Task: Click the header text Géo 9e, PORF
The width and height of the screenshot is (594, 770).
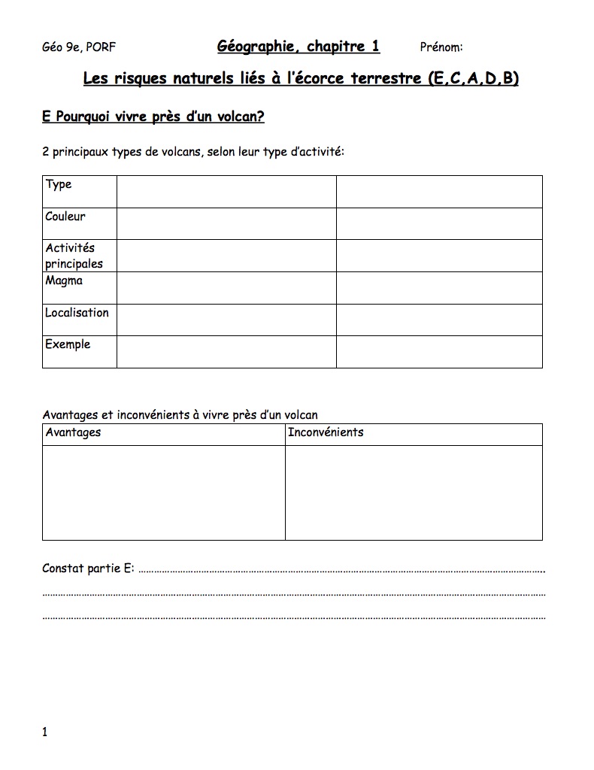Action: pyautogui.click(x=79, y=47)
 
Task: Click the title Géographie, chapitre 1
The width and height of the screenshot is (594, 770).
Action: pyautogui.click(x=299, y=47)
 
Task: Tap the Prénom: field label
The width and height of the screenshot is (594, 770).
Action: pyautogui.click(x=441, y=47)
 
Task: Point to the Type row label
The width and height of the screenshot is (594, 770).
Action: pyautogui.click(x=59, y=184)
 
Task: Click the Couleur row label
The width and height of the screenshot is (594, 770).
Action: pyautogui.click(x=65, y=217)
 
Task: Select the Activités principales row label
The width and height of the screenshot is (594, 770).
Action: pyautogui.click(x=74, y=256)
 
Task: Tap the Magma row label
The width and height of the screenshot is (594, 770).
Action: pyautogui.click(x=64, y=280)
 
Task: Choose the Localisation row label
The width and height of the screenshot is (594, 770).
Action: pyautogui.click(x=77, y=313)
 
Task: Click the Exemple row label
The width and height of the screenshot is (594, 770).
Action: pyautogui.click(x=68, y=344)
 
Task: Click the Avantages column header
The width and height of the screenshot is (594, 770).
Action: pyautogui.click(x=73, y=432)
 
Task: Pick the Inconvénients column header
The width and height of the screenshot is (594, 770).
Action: pyautogui.click(x=326, y=432)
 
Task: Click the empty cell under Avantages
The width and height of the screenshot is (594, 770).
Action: pyautogui.click(x=164, y=493)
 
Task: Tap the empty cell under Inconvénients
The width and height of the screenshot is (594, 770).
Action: pyautogui.click(x=414, y=493)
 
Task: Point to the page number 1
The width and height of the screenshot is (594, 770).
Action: pyautogui.click(x=45, y=732)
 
